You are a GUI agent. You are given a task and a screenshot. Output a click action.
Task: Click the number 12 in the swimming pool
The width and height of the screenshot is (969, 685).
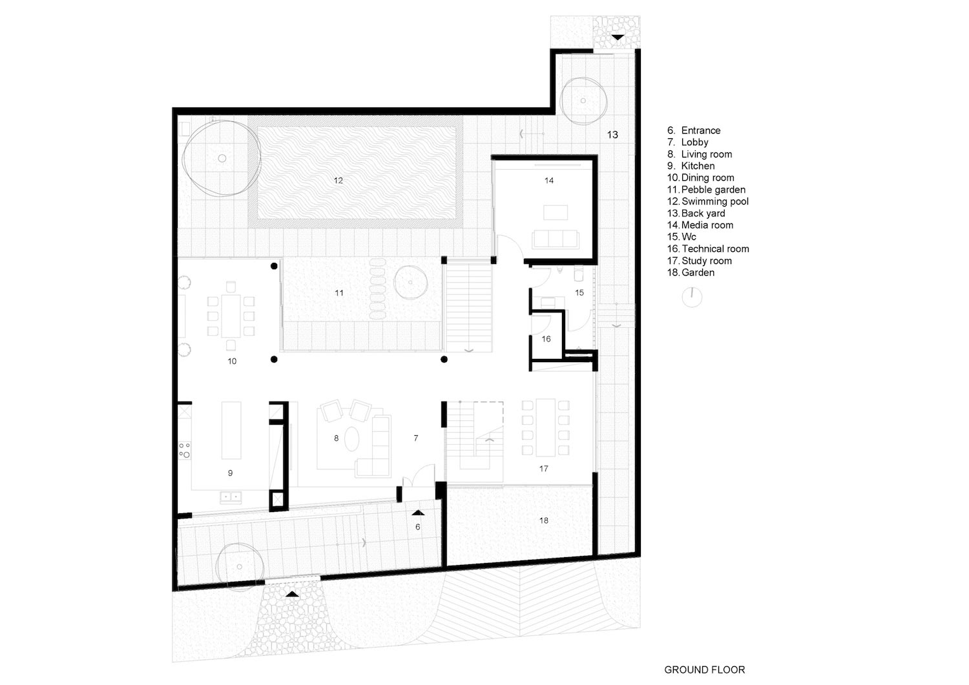[x=339, y=181]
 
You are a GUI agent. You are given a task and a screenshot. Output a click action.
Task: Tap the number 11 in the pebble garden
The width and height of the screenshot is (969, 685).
[x=339, y=293]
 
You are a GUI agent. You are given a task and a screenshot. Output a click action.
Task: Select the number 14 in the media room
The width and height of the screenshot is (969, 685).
[x=548, y=181]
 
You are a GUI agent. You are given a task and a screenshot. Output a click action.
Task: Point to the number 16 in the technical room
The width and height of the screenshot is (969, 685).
[x=546, y=339]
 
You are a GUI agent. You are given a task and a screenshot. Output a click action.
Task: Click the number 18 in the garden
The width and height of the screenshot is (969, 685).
[x=543, y=520]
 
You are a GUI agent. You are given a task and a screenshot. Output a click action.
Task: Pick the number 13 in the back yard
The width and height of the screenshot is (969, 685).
[x=612, y=134]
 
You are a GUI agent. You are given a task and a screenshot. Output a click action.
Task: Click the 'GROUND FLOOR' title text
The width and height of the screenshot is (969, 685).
[x=704, y=670]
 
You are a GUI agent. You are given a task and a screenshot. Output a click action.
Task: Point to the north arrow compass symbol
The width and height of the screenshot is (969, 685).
[x=692, y=297]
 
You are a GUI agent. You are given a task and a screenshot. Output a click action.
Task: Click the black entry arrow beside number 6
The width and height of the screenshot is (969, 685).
[x=418, y=512]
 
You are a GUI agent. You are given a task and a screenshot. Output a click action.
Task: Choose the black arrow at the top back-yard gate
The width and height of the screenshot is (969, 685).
[x=618, y=37]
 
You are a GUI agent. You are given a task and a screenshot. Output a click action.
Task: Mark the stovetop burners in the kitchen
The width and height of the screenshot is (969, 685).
[x=185, y=449]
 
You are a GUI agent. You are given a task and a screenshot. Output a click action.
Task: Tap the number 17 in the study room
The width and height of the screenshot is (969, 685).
[x=543, y=469]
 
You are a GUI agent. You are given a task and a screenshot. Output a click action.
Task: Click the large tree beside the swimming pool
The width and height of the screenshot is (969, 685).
[x=217, y=159]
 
